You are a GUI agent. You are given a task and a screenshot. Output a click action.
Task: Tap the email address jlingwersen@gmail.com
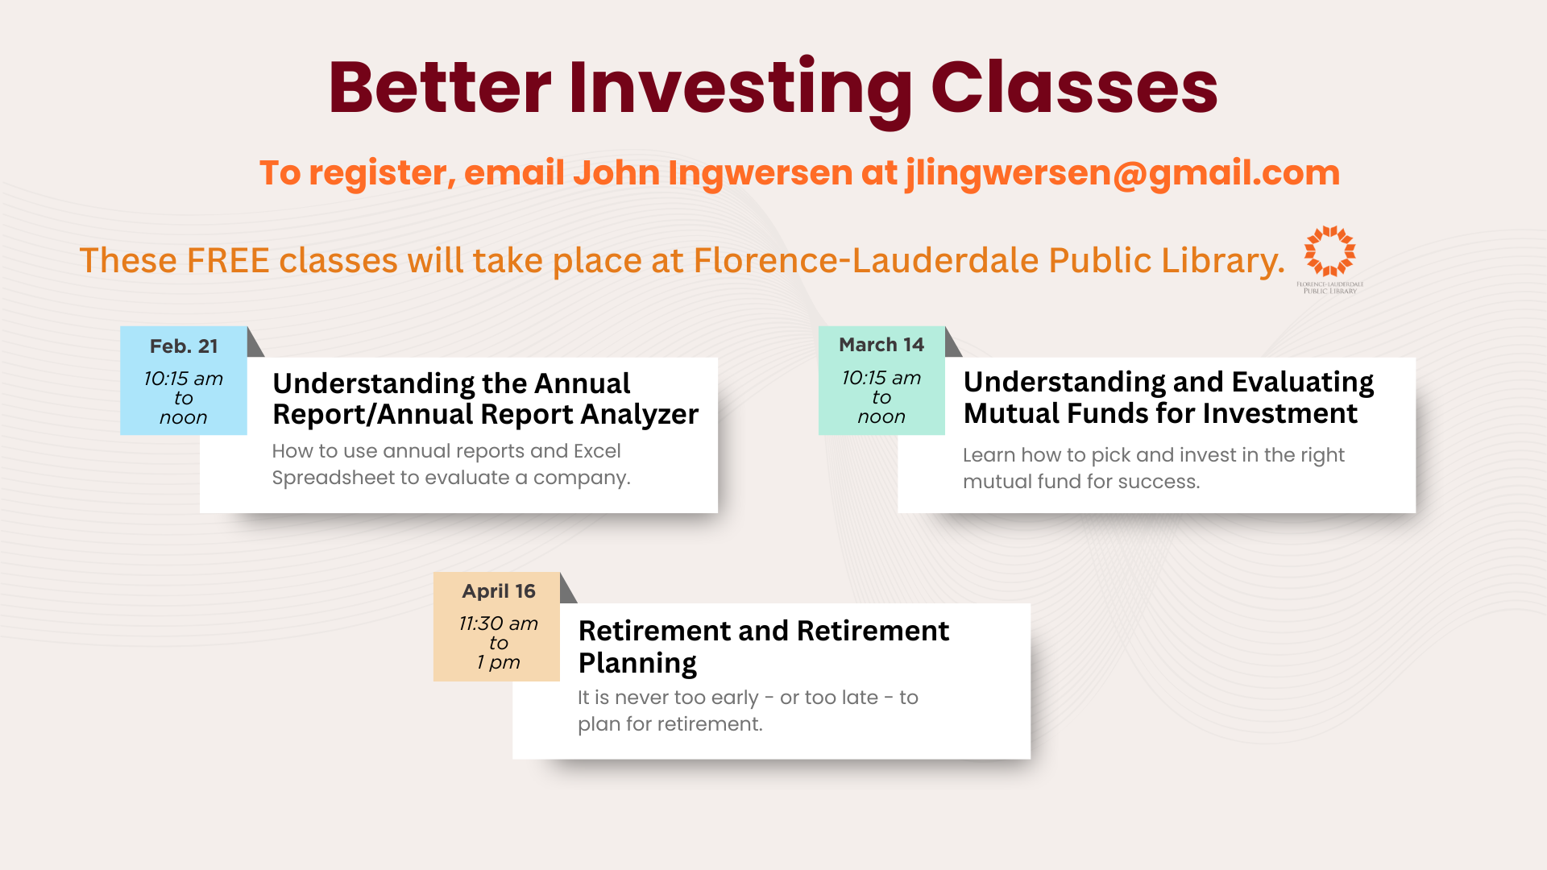click(1122, 173)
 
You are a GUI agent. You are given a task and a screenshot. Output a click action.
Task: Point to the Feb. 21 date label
click(184, 346)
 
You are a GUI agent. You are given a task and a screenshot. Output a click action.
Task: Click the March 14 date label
click(881, 345)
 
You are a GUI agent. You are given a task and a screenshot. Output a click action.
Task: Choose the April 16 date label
click(499, 591)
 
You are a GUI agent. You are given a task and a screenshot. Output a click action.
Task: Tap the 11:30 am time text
click(499, 623)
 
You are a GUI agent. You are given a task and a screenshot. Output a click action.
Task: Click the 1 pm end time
click(499, 662)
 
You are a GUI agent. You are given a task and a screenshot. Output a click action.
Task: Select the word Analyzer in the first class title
click(640, 414)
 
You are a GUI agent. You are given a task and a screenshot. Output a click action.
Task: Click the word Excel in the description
click(597, 451)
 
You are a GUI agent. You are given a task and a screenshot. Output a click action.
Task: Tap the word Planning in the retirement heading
click(637, 663)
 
